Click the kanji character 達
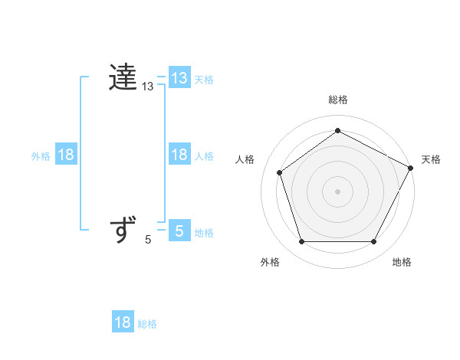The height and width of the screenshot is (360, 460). tap(123, 77)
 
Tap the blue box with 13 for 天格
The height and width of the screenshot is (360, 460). tap(179, 77)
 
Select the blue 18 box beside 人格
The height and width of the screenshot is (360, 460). tap(179, 155)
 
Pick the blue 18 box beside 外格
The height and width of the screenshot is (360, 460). tap(66, 155)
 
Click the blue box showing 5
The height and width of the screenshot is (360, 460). tap(179, 230)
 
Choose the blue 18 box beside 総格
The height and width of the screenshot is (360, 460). tap(123, 322)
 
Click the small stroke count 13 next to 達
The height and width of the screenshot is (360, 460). tap(148, 88)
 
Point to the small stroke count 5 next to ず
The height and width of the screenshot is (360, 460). tap(148, 240)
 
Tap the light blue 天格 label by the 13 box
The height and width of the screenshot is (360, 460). tap(204, 79)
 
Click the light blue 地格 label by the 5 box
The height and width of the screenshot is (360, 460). tap(204, 233)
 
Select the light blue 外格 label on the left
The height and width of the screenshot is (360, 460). tap(41, 156)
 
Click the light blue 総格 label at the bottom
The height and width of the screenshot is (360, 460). tap(147, 325)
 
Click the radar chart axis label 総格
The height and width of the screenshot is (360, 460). tap(338, 100)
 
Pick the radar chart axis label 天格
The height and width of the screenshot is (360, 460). tap(431, 159)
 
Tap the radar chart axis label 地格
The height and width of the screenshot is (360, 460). tap(402, 263)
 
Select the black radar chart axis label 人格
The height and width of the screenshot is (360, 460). tap(245, 159)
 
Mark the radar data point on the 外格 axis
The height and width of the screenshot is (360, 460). tap(301, 241)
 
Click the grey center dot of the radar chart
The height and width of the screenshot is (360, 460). tap(338, 191)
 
